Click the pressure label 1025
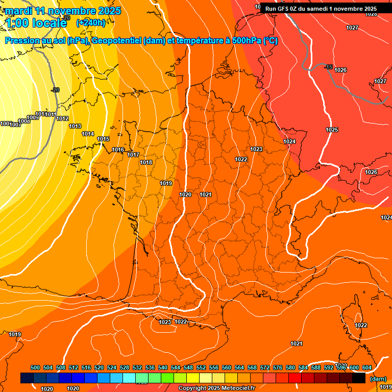click(332, 130)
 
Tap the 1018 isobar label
click(146, 163)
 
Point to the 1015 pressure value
click(104, 139)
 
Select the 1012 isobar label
click(62, 119)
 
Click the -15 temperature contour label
click(329, 67)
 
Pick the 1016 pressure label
click(118, 150)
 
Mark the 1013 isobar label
click(75, 127)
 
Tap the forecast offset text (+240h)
click(91, 23)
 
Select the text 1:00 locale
click(36, 23)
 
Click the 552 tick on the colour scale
click(201, 368)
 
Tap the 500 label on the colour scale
click(35, 368)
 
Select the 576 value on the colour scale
click(278, 368)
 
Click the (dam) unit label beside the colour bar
click(378, 379)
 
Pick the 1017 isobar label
click(133, 155)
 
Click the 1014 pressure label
click(88, 134)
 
